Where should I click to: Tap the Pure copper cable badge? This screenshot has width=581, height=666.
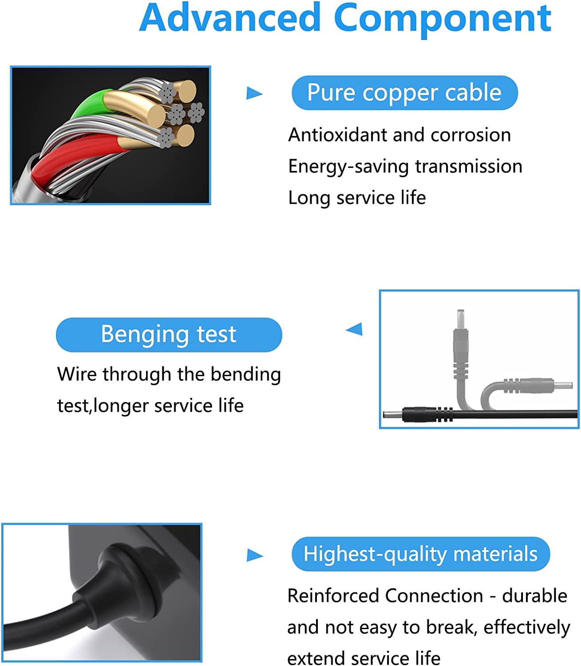pyautogui.click(x=404, y=93)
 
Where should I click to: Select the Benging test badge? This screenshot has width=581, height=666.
pyautogui.click(x=169, y=334)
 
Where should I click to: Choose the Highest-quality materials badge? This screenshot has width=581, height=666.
pyautogui.click(x=420, y=554)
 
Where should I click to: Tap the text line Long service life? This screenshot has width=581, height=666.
pyautogui.click(x=357, y=198)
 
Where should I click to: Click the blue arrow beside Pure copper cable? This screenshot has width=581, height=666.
pyautogui.click(x=254, y=93)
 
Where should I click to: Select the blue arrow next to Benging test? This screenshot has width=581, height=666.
pyautogui.click(x=355, y=329)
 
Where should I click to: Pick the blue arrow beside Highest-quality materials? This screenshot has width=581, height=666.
pyautogui.click(x=255, y=555)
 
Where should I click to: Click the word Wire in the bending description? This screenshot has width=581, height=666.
pyautogui.click(x=77, y=374)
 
